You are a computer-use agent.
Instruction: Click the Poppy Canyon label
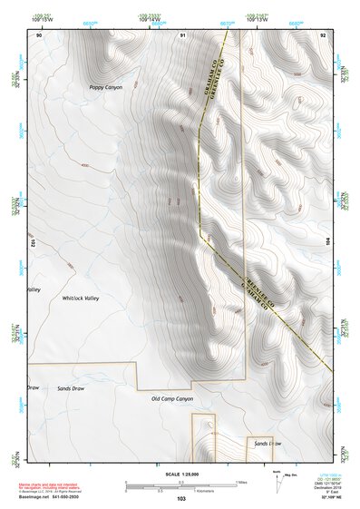coord(105,88)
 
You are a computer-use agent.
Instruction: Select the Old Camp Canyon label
coord(172,398)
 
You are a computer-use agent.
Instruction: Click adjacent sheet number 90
coord(39,34)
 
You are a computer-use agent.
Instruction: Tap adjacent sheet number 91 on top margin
coord(182,34)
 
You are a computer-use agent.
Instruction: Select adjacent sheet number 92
coord(323,34)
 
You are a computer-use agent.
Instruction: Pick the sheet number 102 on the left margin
coord(32,243)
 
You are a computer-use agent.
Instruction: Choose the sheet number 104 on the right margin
coord(329,243)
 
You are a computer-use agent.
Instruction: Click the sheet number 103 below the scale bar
coord(181,499)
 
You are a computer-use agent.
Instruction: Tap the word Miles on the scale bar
coord(241,481)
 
